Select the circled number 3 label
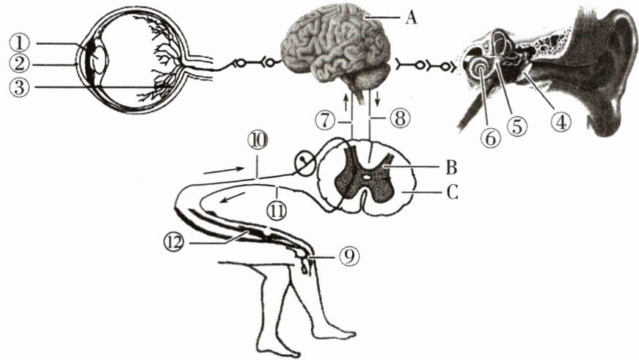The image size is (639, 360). click(26, 87)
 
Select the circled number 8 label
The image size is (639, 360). click(398, 118)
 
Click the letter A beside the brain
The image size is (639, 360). click(409, 17)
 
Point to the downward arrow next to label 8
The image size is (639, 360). click(378, 98)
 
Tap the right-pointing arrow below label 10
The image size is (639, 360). click(219, 170)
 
